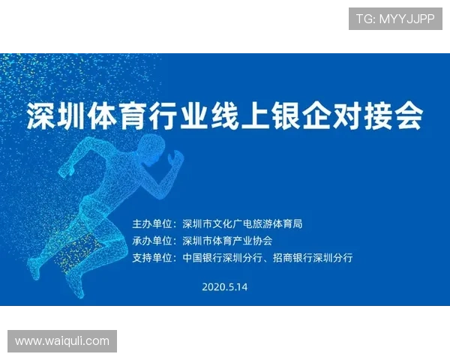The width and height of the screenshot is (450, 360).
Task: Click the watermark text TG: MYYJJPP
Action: (395, 19)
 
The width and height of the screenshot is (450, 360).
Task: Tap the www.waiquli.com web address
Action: (62, 341)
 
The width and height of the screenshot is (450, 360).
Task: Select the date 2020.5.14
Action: (225, 286)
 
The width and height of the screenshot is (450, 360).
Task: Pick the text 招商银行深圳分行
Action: (313, 258)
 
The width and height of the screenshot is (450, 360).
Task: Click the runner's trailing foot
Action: (33, 268)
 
